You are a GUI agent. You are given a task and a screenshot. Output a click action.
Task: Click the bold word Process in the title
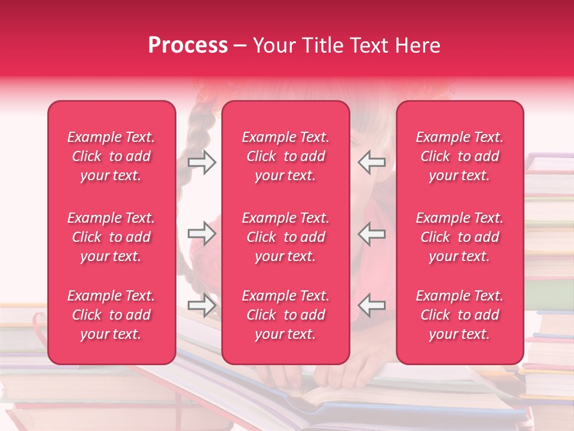(188, 45)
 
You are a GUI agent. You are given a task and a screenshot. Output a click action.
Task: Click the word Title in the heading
(322, 45)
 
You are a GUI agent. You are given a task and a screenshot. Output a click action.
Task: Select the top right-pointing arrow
(201, 162)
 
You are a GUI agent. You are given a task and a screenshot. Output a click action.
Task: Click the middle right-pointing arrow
(201, 233)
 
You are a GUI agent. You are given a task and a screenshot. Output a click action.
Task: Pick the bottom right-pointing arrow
(201, 305)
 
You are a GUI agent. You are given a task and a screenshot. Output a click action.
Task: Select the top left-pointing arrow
(371, 162)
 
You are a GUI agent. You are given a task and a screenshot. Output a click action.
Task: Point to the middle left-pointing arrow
(371, 233)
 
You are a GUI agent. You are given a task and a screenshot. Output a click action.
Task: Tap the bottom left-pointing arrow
(371, 305)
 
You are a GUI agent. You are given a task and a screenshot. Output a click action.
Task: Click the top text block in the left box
(111, 156)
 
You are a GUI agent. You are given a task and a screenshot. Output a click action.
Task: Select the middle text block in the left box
(111, 237)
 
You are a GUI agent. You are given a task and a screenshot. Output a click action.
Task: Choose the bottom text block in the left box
(111, 315)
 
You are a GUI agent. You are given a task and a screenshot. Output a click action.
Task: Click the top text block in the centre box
(285, 156)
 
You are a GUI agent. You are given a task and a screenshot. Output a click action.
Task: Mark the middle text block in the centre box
(285, 237)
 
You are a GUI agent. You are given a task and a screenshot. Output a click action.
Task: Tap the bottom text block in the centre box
(285, 315)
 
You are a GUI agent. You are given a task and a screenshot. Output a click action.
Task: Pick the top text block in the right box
(459, 156)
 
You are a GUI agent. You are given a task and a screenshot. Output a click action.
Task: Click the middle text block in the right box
(459, 237)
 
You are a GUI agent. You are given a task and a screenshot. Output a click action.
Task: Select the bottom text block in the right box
(459, 315)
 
